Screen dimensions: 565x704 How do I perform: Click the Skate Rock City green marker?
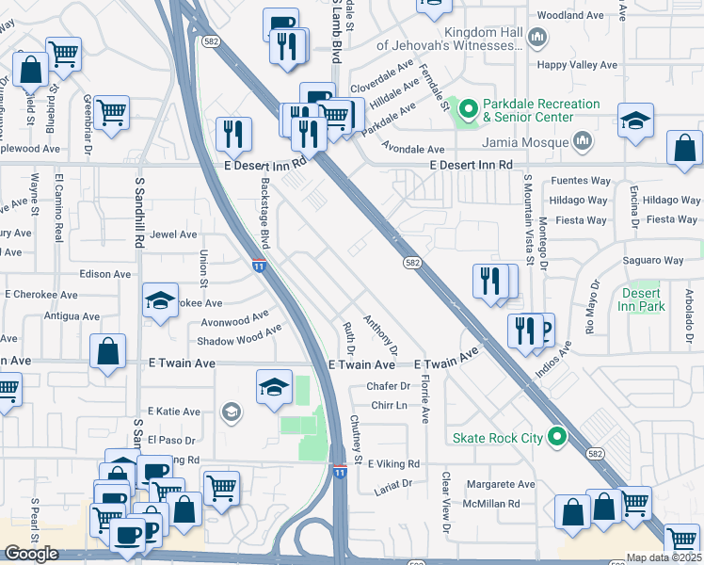pyautogui.click(x=557, y=438)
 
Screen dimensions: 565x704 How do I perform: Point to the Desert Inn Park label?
pyautogui.click(x=643, y=299)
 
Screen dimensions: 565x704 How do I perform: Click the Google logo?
pyautogui.click(x=31, y=554)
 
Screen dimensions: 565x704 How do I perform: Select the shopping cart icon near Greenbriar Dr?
pyautogui.click(x=111, y=112)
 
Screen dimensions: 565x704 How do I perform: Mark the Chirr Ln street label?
pyautogui.click(x=389, y=406)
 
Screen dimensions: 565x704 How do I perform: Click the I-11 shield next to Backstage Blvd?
pyautogui.click(x=258, y=266)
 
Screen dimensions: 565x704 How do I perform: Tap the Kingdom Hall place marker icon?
pyautogui.click(x=537, y=38)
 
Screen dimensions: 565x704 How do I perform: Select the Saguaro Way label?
pyautogui.click(x=651, y=260)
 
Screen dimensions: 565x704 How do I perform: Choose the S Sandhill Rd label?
pyautogui.click(x=138, y=212)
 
